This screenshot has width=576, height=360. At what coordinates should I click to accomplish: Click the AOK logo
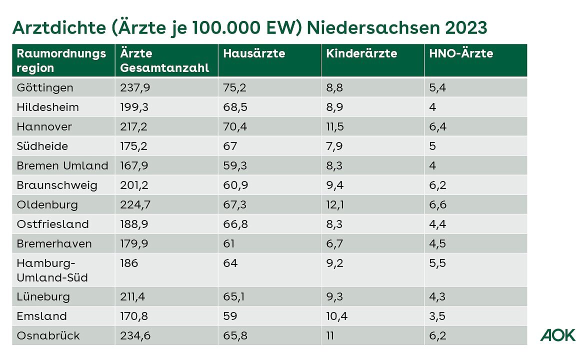pyautogui.click(x=557, y=335)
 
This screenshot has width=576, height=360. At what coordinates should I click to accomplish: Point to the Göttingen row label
pyautogui.click(x=45, y=88)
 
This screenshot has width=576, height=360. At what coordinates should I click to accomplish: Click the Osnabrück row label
pyautogui.click(x=48, y=335)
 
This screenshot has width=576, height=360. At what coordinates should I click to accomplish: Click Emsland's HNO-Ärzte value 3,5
pyautogui.click(x=437, y=316)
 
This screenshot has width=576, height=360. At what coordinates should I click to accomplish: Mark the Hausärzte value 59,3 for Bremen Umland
pyautogui.click(x=234, y=166)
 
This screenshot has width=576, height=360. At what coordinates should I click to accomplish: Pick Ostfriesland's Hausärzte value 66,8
pyautogui.click(x=235, y=224)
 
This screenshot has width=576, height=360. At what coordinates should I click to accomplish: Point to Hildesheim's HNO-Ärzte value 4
pyautogui.click(x=432, y=107)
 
